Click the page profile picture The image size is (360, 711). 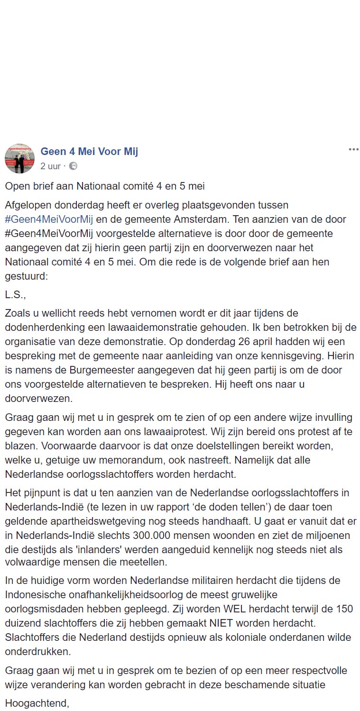pos(19,158)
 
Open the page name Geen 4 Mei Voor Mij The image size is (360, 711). pos(89,152)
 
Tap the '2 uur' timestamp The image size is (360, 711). pos(50,166)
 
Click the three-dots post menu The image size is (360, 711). pos(353,149)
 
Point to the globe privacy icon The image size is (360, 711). pos(73,166)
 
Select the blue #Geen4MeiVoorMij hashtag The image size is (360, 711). pos(49,219)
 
